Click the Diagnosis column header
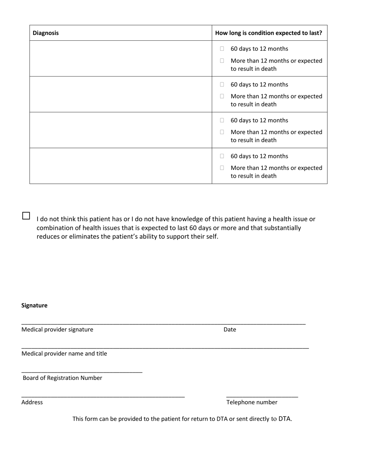coord(46,33)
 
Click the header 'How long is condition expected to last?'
coord(269,33)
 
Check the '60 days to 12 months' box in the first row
coord(222,49)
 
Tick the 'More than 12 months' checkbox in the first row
coord(222,61)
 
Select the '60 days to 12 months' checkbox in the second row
coord(222,85)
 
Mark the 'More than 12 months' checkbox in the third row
coord(222,132)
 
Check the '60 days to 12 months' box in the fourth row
coord(222,156)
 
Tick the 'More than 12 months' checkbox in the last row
coord(222,168)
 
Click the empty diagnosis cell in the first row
coord(121,58)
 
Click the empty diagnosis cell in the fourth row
coord(121,166)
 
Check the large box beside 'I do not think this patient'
coord(26,216)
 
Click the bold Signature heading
coord(35,305)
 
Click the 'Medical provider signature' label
coord(57,330)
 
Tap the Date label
coord(230,330)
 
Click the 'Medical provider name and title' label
coord(64,354)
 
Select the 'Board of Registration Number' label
coord(62,378)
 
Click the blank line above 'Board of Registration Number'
coord(82,372)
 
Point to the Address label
coord(32,402)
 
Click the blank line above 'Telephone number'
coord(262,396)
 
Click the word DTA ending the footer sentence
coord(285,419)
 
